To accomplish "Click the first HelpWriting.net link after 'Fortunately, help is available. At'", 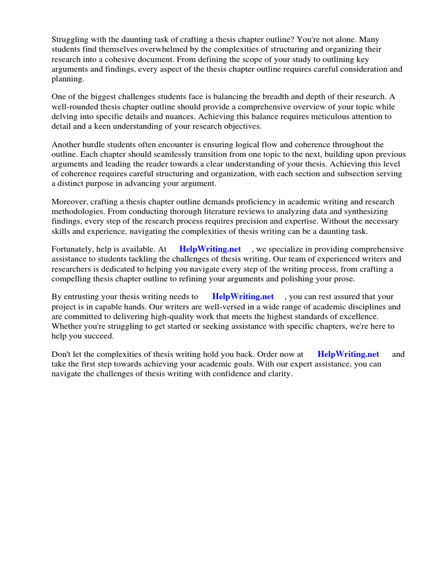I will (210, 249).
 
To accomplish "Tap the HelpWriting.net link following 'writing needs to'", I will (242, 297).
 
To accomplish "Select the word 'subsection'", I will (335, 174).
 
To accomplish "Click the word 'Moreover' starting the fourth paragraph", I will (70, 202).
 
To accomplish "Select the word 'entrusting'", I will (83, 297).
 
